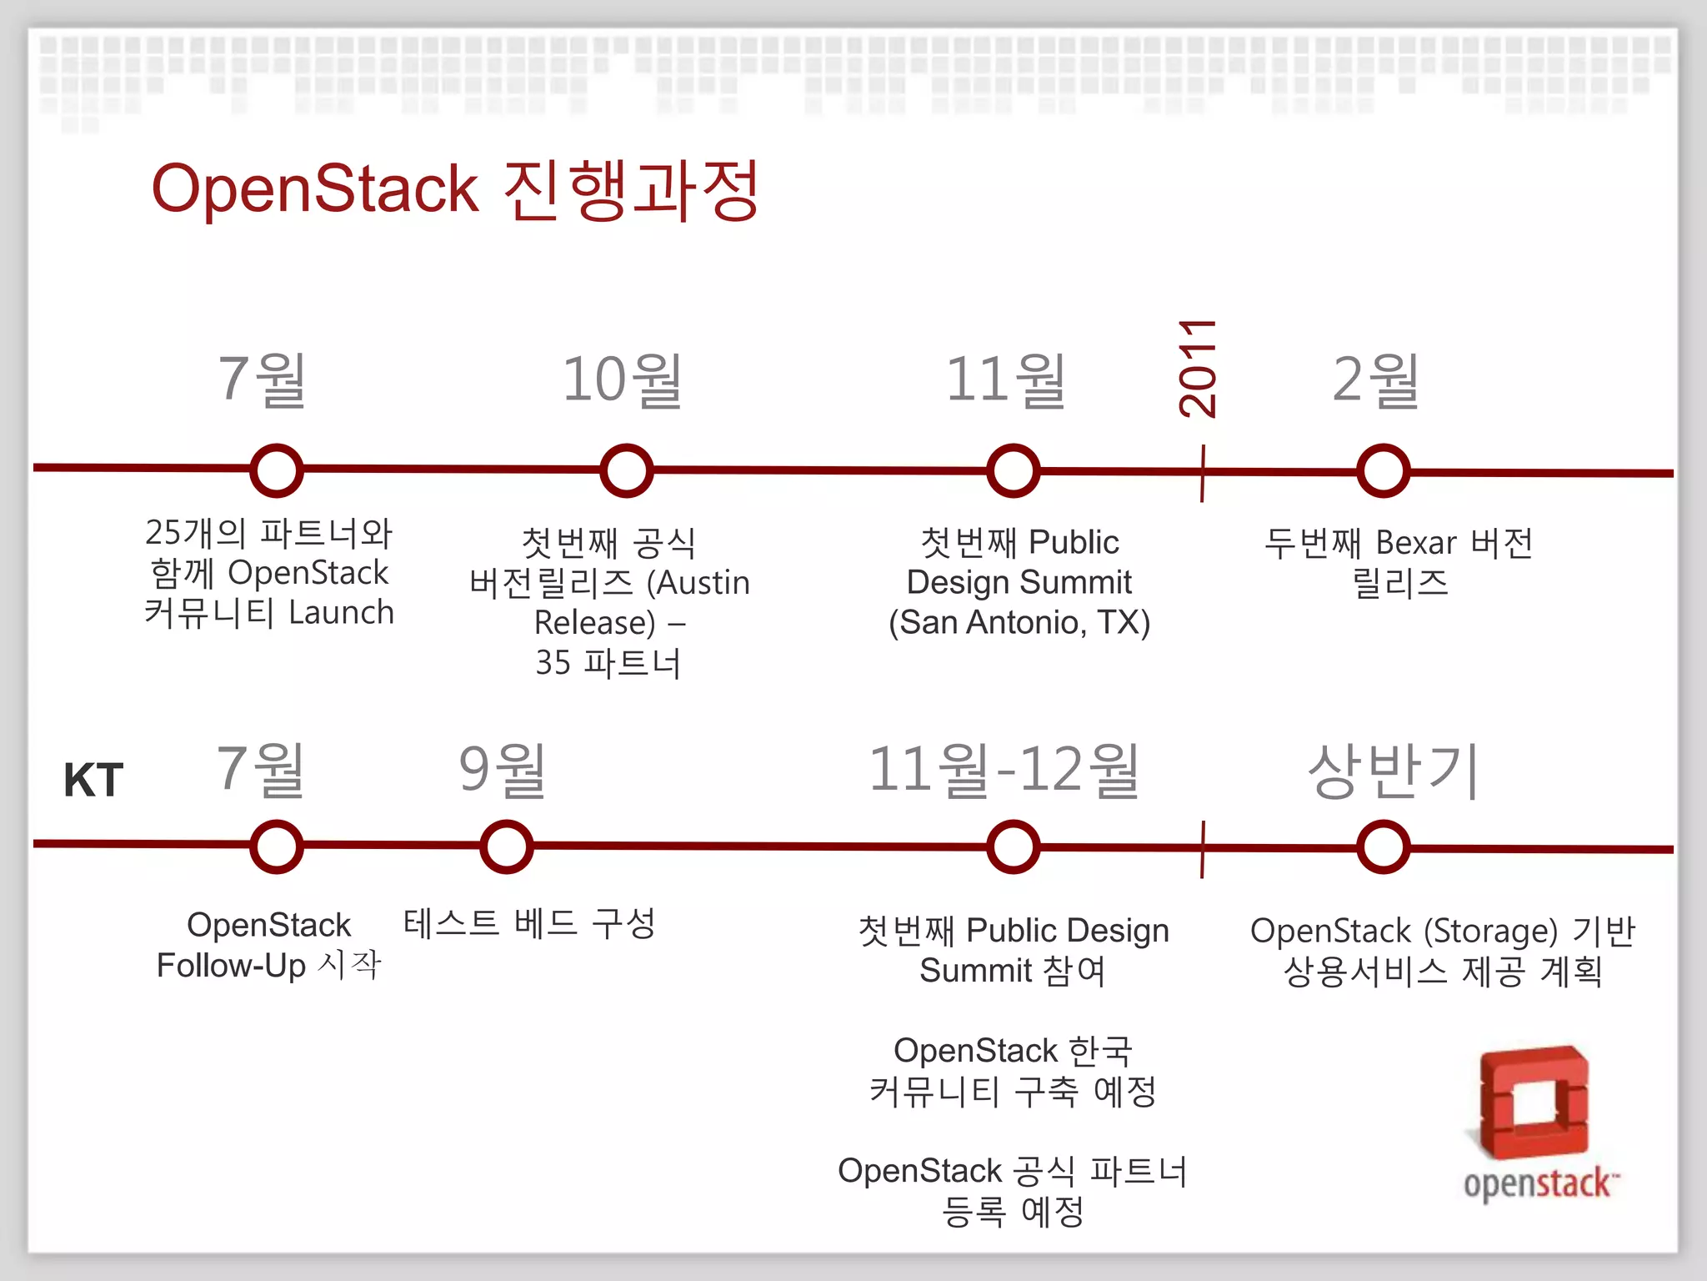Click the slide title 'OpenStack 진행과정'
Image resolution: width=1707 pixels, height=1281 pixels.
pos(454,190)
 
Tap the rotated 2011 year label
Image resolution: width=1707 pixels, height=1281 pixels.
pos(1198,368)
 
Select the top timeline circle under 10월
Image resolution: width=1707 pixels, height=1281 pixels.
pos(626,470)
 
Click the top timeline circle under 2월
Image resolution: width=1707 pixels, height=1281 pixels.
pos(1383,471)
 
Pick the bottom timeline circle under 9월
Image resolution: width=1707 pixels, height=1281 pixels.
pos(506,846)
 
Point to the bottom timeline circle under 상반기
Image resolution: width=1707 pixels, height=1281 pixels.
pos(1383,847)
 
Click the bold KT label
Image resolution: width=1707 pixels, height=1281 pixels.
pos(93,781)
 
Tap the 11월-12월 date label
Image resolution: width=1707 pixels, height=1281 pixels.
pos(1004,770)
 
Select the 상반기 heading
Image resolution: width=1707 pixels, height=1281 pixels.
pos(1393,770)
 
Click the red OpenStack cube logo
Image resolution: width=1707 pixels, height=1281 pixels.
pos(1534,1101)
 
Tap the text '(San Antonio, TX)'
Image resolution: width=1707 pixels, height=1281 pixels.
pos(1019,622)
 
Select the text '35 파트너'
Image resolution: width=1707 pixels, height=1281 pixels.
pos(608,663)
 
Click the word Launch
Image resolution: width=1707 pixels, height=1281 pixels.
pos(341,613)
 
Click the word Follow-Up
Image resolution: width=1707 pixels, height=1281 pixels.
pos(231,966)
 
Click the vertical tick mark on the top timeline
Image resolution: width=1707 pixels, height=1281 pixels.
pos(1202,474)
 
